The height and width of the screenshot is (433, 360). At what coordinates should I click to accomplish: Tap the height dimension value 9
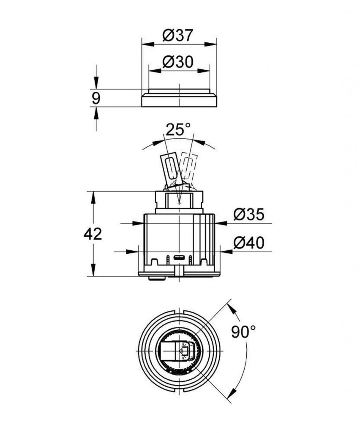(96, 99)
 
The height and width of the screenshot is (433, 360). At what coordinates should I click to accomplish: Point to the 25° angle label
(178, 129)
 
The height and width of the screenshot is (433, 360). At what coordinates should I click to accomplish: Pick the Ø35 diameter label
(248, 215)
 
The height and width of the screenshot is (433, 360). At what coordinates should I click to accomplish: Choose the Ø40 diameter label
(248, 243)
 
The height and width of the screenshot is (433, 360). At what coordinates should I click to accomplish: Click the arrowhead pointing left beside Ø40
(224, 252)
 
